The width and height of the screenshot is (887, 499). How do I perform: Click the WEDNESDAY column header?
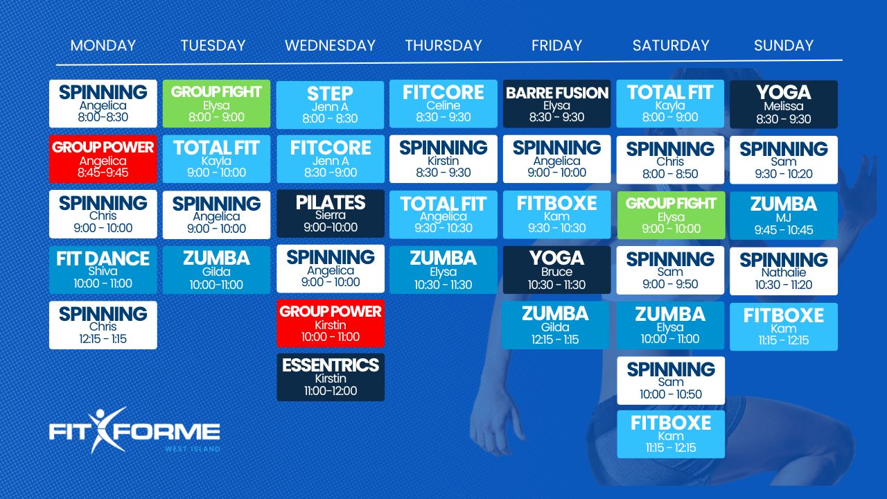click(x=330, y=46)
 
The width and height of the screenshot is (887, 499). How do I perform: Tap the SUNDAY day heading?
click(x=783, y=46)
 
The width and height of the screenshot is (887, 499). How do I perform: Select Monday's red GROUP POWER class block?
click(x=103, y=159)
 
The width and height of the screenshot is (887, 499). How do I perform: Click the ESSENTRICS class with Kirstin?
click(x=331, y=378)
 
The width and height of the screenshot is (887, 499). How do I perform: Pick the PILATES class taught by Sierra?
click(x=331, y=214)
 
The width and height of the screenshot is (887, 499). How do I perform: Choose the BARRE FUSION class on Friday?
click(x=556, y=104)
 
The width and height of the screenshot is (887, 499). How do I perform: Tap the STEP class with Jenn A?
click(x=330, y=105)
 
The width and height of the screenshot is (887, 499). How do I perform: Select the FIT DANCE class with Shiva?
click(x=103, y=270)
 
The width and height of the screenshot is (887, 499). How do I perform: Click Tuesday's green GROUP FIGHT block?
click(x=217, y=104)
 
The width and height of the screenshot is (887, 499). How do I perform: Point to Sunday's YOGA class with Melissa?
click(x=784, y=105)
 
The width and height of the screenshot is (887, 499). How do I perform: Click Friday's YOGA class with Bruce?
click(x=556, y=270)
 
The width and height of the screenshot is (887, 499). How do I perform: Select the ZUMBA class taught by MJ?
click(x=784, y=216)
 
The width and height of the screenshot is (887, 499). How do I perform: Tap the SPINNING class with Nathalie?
click(x=784, y=271)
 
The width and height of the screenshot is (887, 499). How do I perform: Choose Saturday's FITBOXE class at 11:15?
click(x=671, y=435)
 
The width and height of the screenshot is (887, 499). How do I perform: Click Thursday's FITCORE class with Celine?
click(x=443, y=104)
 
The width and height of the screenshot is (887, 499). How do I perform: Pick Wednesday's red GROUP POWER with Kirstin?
click(x=331, y=323)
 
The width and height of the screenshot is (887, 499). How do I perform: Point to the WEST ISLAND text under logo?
click(x=193, y=449)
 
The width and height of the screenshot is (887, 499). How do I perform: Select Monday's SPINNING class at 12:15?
click(x=103, y=325)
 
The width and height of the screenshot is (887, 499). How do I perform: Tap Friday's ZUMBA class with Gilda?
click(x=555, y=325)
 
